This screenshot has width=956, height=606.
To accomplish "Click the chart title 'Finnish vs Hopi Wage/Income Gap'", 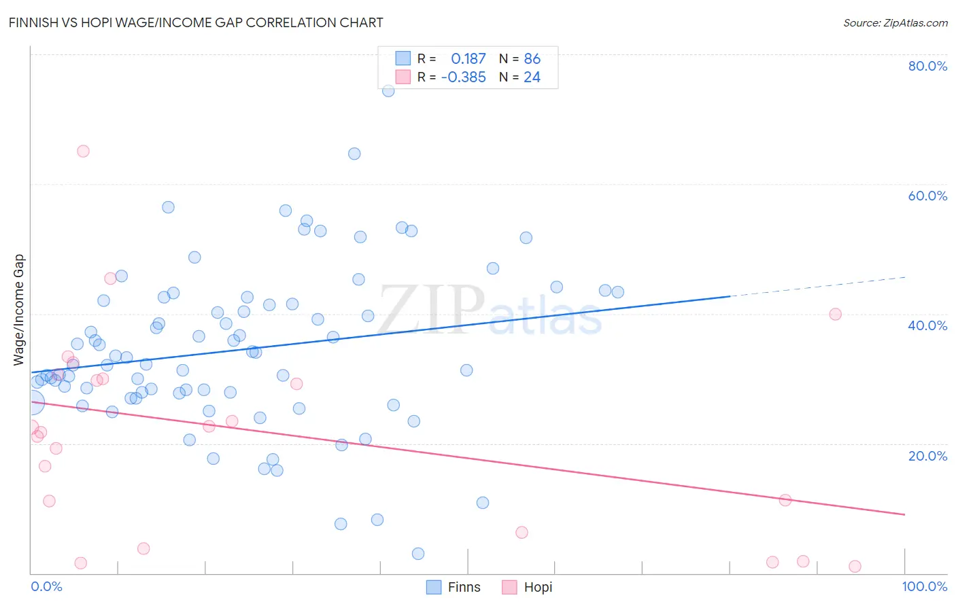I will pos(196,22).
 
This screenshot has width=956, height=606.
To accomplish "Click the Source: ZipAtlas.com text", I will pos(895,22).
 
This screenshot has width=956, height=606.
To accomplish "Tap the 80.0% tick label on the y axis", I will pos(927,66).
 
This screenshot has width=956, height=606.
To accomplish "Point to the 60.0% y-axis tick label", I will pos(927,196).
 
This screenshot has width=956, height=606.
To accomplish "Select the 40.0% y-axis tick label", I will pos(927,325).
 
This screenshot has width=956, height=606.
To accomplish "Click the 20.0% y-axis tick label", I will pos(927,456).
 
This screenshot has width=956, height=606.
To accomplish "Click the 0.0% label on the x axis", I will pos(46,586).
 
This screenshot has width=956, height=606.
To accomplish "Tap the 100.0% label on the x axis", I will pos(924,586).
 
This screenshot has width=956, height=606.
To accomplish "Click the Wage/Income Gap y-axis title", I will pos(19,310).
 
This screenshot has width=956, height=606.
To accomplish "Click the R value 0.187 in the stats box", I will pos(468,59).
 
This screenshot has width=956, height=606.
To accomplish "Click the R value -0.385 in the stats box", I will pos(463,77).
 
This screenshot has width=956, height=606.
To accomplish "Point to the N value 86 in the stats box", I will pos(532,59).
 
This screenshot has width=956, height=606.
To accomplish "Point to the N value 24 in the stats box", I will pos(532,77).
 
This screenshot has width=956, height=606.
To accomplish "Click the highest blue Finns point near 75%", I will pos(388,91).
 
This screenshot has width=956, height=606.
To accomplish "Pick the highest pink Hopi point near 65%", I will pos(83,151).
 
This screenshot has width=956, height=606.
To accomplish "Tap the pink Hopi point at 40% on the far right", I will pos(835,314).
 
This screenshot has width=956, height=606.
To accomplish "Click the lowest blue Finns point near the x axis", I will pos(418,554).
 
